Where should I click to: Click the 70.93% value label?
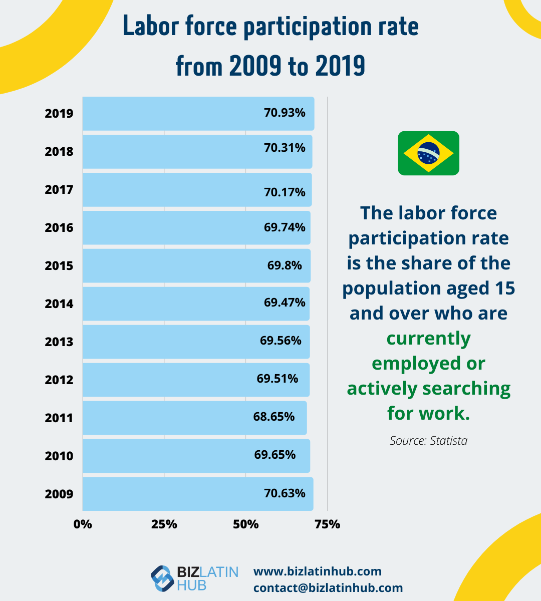[285, 113]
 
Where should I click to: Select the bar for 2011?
[194, 418]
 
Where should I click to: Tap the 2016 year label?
[59, 228]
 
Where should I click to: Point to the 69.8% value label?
[285, 265]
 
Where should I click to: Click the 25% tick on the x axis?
[164, 524]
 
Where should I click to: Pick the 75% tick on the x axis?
[328, 524]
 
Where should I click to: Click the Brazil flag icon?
[428, 153]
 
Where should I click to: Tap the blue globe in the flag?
[428, 153]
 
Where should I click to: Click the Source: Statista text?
[428, 441]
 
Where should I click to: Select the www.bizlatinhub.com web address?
[318, 571]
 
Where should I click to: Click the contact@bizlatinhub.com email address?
[328, 588]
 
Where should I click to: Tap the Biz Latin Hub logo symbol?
[162, 578]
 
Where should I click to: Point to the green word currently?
[428, 339]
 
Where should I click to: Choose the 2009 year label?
[59, 494]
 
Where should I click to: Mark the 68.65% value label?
[274, 417]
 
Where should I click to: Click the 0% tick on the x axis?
[83, 524]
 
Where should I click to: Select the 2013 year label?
[59, 342]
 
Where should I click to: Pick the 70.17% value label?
[285, 192]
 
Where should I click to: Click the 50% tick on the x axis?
[246, 524]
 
